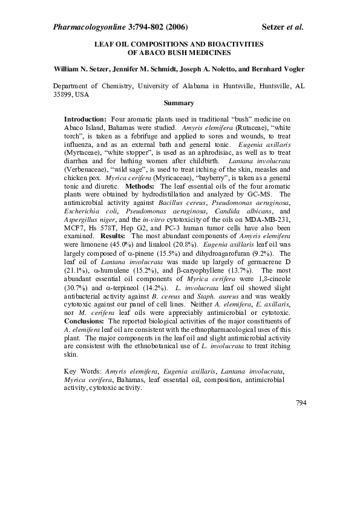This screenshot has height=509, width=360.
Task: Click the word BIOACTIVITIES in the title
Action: coord(235,44)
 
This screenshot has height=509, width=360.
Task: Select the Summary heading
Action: coord(179,103)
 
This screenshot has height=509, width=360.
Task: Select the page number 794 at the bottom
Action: coord(301,401)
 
